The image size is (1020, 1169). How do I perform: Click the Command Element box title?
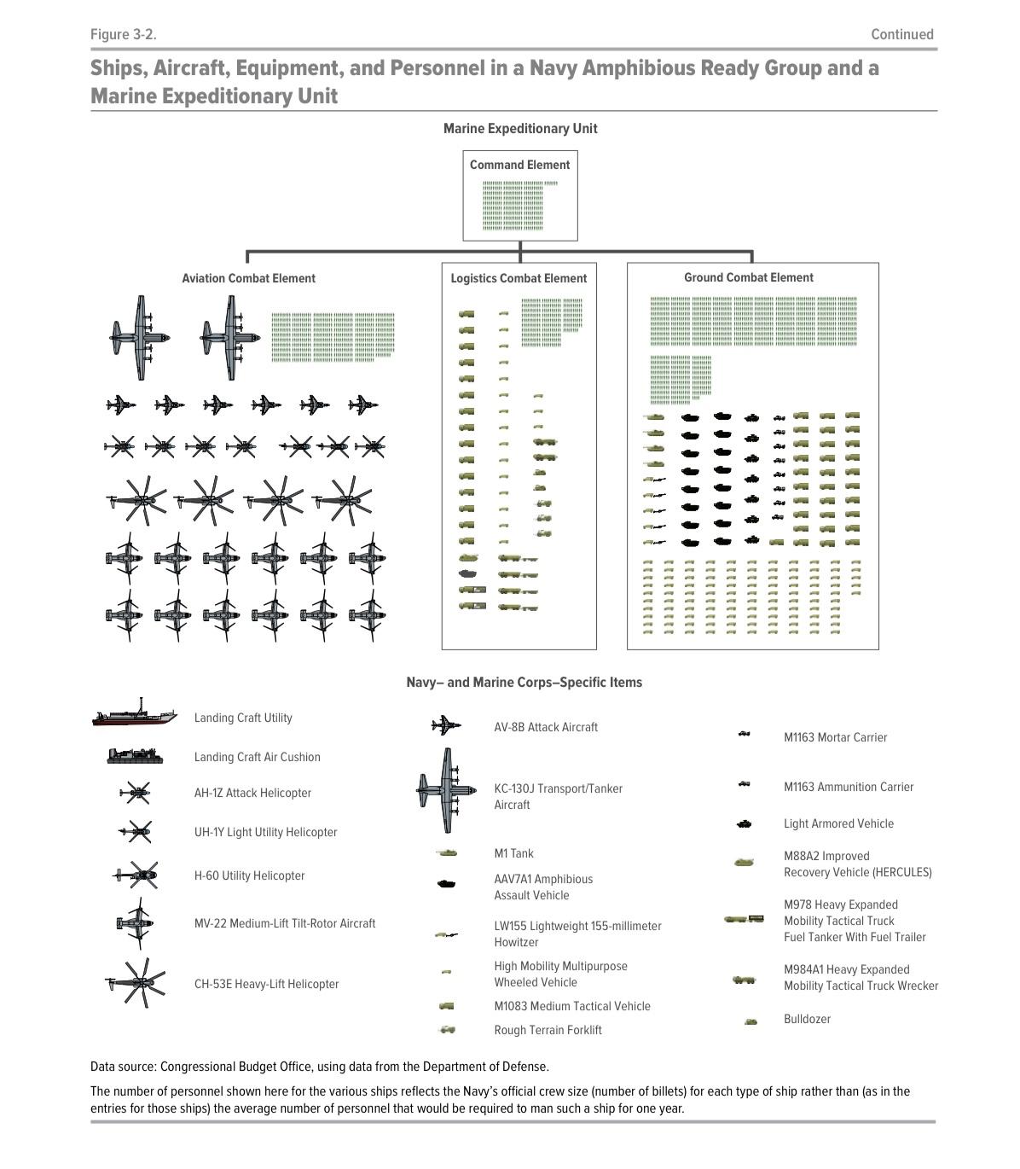[519, 165]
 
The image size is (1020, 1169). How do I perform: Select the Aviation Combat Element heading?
[248, 278]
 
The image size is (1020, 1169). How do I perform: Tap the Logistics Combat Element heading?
[519, 278]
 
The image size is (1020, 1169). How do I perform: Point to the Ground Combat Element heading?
[748, 277]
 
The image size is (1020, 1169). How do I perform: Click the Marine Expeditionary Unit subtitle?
[519, 129]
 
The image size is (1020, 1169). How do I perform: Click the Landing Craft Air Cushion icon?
[135, 756]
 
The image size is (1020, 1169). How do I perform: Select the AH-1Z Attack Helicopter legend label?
[252, 793]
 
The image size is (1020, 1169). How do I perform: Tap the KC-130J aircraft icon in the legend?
[446, 790]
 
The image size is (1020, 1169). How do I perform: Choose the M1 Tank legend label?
[513, 853]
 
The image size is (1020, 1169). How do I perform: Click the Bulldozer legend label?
[807, 1019]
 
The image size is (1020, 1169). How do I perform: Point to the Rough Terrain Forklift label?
[548, 1030]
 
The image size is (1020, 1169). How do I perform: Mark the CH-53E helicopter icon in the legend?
[136, 983]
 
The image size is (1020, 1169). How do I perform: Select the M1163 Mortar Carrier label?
[835, 737]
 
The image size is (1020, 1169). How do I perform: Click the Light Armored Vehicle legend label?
[838, 823]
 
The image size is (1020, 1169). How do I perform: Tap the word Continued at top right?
[901, 35]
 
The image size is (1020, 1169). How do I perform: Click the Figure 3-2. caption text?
[124, 35]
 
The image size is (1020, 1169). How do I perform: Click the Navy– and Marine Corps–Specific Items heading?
[524, 683]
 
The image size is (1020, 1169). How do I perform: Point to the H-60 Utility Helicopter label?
[249, 875]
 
